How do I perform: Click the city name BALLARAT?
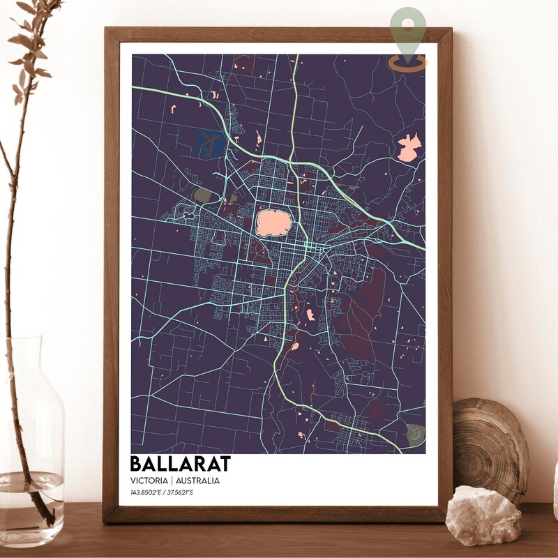tap(180, 464)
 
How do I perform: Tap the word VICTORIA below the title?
tap(149, 481)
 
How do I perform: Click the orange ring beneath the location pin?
tap(408, 65)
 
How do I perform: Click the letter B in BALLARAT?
tap(137, 464)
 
